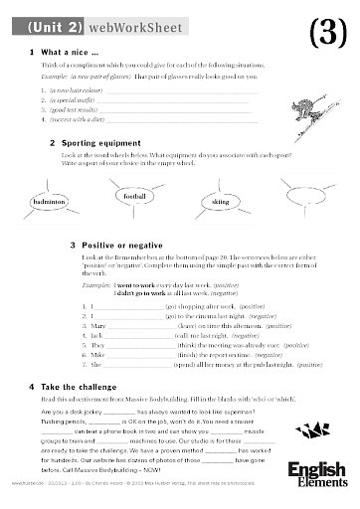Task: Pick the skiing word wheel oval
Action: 220,202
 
